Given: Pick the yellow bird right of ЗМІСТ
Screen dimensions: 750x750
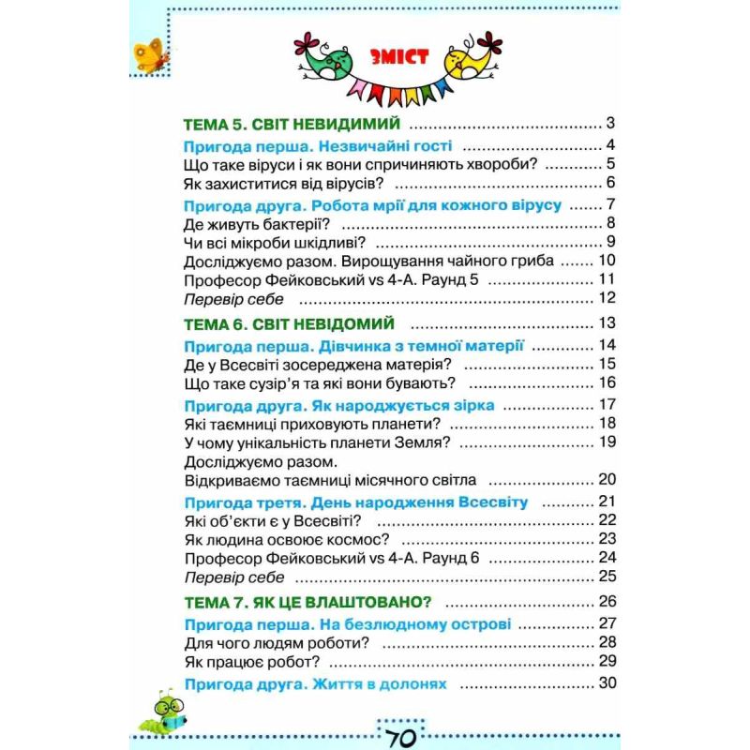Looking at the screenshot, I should click(x=469, y=60).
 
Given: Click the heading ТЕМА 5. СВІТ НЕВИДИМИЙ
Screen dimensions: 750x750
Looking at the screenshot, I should click(x=292, y=124).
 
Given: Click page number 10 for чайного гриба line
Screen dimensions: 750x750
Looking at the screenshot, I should click(x=605, y=261).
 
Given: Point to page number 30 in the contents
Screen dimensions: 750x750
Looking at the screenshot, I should click(x=605, y=683).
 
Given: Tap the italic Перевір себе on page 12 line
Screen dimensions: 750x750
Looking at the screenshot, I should click(x=235, y=300).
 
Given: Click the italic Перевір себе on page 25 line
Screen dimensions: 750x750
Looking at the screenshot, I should click(x=235, y=577).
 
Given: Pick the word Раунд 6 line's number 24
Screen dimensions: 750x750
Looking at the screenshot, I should click(x=605, y=557).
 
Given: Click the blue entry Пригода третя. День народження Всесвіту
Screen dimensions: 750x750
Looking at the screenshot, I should click(x=357, y=501).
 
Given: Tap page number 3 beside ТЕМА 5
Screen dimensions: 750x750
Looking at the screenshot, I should click(x=609, y=124).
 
